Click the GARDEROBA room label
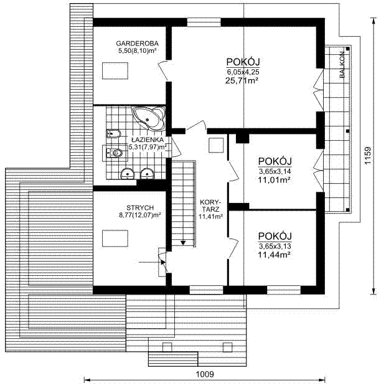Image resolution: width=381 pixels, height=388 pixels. pos(137,44)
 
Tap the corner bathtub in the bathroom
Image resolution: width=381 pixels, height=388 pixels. pos(149,118)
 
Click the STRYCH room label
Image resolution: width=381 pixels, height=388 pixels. pos(140,207)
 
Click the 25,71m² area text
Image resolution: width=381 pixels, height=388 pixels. pos(242,80)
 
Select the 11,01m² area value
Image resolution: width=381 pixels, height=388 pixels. pos(274,180)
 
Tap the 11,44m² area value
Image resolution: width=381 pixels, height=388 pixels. pos(274,255)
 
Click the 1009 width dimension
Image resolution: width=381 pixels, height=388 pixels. pos(205,374)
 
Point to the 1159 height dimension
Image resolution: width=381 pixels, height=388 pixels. pos(368,156)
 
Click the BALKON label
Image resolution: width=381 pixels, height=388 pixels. pos(342,65)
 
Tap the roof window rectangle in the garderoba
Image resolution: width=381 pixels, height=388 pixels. pos(115,71)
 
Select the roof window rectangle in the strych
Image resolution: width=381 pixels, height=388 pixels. pos(115,239)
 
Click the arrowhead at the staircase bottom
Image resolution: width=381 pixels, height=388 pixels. pos(183,243)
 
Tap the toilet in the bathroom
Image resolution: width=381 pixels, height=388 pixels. pos(114,153)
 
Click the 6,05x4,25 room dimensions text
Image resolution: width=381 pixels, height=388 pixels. pos(243,72)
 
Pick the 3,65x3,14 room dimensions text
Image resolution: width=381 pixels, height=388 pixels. pos(275,171)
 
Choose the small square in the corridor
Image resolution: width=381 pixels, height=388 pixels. pos(216,145)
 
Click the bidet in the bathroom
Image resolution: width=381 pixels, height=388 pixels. pos(113,134)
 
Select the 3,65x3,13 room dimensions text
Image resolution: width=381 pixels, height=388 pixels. pos(275,247)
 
